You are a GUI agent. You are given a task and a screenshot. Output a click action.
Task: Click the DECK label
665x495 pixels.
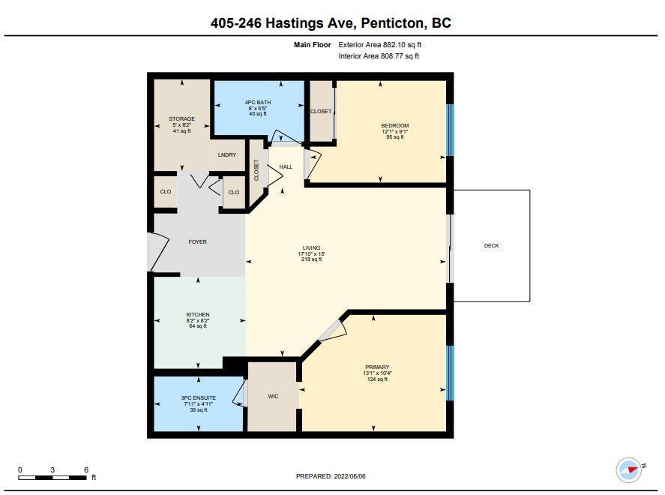[491, 245]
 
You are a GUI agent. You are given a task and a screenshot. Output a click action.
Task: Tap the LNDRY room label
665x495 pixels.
[227, 154]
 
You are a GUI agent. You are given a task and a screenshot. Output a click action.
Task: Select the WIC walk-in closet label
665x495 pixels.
[273, 396]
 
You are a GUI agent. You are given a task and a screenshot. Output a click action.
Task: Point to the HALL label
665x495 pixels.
[286, 166]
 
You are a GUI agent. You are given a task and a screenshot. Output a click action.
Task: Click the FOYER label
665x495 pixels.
[198, 241]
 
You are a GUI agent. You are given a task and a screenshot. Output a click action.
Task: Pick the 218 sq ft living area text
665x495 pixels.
[312, 259]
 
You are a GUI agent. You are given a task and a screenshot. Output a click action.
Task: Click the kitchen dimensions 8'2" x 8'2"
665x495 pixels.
[198, 320]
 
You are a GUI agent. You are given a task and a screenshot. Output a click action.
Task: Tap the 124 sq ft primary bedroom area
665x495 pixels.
[377, 379]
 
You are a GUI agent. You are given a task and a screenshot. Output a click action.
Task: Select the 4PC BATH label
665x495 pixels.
[258, 102]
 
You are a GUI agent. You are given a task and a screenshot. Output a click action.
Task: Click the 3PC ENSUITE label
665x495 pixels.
[199, 397]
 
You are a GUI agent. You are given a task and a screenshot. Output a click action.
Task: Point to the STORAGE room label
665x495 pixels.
[182, 118]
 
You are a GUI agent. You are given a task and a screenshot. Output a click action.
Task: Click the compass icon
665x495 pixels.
[629, 469]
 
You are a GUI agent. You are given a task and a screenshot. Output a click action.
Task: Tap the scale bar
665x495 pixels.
[52, 478]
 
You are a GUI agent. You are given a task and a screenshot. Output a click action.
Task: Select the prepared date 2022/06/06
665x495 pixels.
[350, 476]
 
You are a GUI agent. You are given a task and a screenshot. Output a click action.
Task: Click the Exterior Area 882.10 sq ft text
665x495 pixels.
[379, 44]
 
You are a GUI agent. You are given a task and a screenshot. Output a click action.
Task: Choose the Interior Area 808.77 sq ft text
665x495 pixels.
[379, 56]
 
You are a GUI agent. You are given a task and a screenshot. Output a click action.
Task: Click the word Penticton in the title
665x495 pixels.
[393, 23]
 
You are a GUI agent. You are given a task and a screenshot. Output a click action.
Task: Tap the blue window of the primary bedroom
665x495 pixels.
[451, 373]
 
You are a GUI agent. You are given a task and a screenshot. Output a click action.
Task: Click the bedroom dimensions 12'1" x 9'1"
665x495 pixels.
[395, 131]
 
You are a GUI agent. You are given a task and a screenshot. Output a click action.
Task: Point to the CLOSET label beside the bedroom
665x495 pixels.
[321, 112]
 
